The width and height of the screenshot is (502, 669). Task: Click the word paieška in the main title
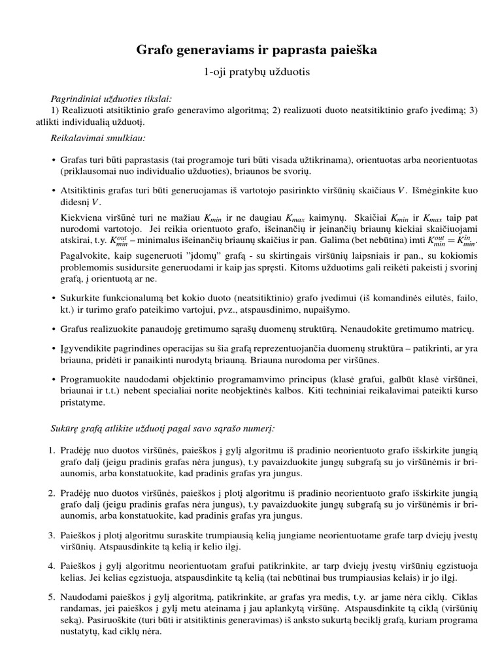[x=347, y=50]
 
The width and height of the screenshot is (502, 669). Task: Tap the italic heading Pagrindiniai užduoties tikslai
[x=111, y=99]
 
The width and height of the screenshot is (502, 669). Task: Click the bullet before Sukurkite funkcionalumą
[x=52, y=297]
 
